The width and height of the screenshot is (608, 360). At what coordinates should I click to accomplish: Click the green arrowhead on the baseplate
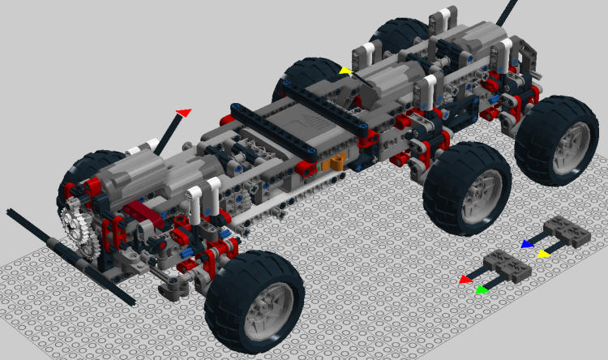click(x=482, y=288)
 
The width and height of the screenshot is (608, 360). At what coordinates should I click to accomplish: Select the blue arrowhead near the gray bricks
click(x=527, y=243)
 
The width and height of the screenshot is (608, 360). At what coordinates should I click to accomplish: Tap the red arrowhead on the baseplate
click(x=465, y=280)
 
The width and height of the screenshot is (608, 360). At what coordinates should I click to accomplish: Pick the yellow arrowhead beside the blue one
click(x=544, y=253)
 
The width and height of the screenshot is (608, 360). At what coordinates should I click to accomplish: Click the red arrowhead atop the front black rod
click(x=184, y=111)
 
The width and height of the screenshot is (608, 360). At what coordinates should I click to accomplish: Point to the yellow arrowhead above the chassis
click(x=346, y=71)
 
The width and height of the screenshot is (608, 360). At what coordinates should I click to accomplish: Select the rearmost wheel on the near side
click(x=556, y=140)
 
